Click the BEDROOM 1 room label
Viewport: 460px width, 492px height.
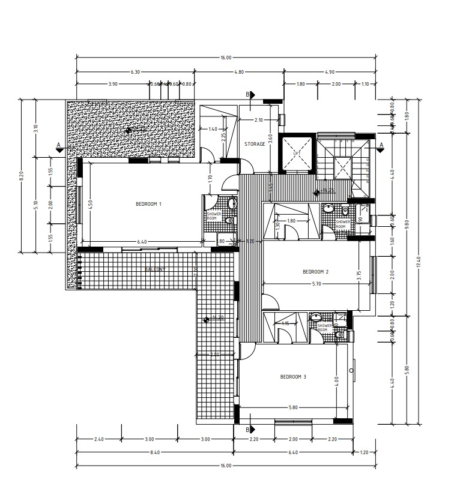(x=149, y=204)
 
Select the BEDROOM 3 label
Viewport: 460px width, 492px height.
(x=293, y=377)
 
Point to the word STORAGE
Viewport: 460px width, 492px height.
(x=255, y=144)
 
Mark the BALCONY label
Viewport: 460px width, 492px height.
(x=156, y=269)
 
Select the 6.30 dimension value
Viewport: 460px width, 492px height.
(x=135, y=71)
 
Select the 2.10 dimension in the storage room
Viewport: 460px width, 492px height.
(x=259, y=120)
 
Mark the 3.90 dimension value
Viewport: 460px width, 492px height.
(x=112, y=84)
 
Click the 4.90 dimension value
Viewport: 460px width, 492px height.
(x=329, y=71)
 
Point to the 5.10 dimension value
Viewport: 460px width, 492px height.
(x=36, y=204)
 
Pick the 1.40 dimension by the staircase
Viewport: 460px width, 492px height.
(x=212, y=129)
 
